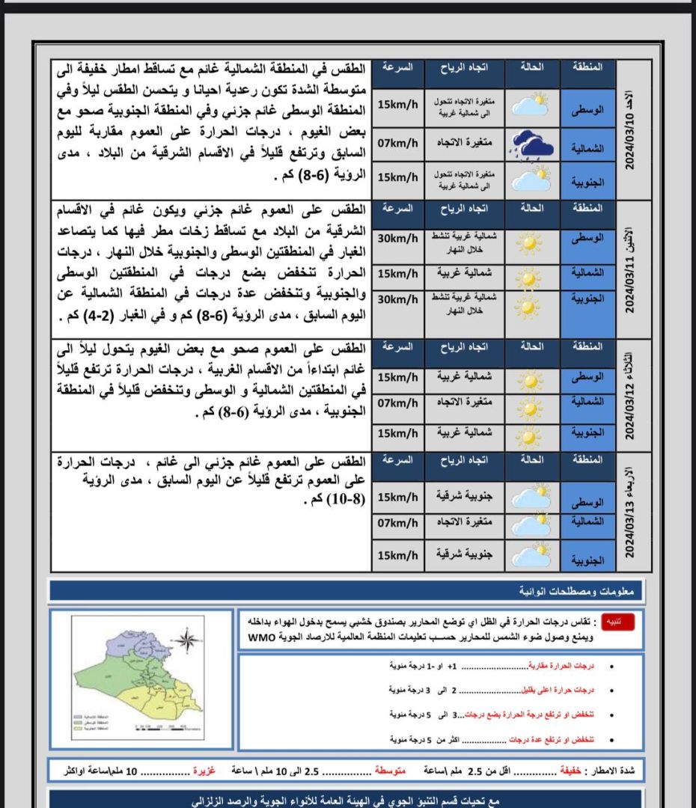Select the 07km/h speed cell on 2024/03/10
pos(397,142)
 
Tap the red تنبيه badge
pos(623,619)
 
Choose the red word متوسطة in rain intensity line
pos(390,770)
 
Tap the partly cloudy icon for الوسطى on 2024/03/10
pos(531,104)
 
